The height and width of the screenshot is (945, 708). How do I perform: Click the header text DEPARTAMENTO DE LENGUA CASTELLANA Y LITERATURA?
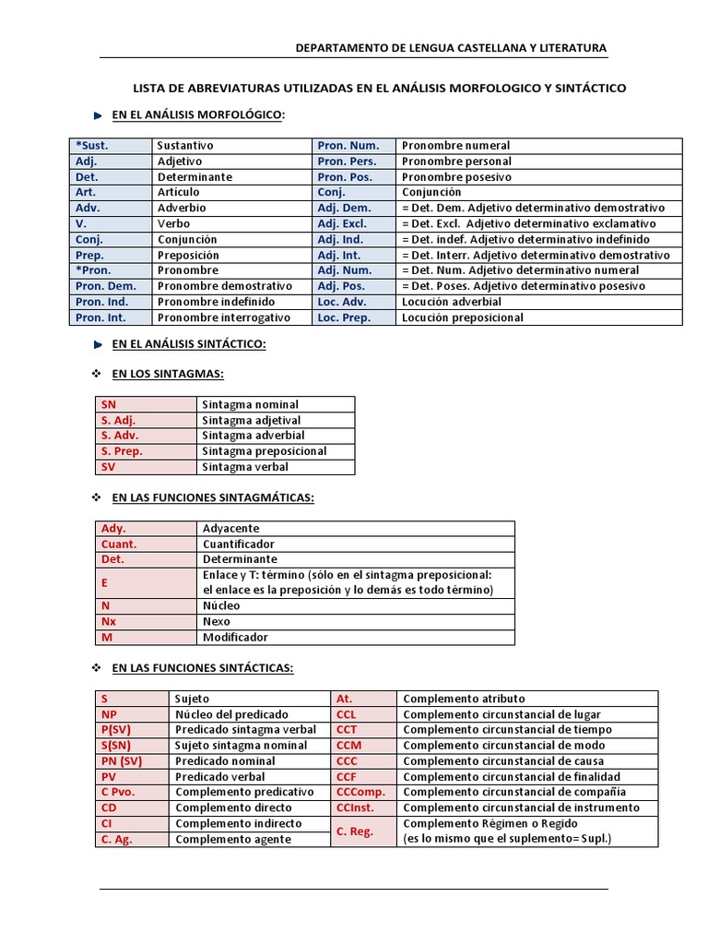pyautogui.click(x=450, y=48)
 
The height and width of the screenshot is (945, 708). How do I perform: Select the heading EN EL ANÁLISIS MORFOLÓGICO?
pyautogui.click(x=198, y=114)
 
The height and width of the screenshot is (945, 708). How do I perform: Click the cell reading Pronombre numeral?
pyautogui.click(x=456, y=146)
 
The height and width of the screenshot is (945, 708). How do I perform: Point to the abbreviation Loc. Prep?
pyautogui.click(x=344, y=317)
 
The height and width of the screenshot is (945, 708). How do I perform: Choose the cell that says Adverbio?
pyautogui.click(x=182, y=209)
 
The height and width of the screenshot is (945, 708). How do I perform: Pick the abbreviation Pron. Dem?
pyautogui.click(x=105, y=286)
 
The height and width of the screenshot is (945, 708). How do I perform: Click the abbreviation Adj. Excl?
pyautogui.click(x=342, y=223)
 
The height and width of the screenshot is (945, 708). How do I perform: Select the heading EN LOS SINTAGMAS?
pyautogui.click(x=168, y=374)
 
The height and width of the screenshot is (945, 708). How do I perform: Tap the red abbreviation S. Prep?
pyautogui.click(x=122, y=451)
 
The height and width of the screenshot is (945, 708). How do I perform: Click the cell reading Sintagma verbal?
pyautogui.click(x=246, y=467)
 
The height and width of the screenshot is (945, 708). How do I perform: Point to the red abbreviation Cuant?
pyautogui.click(x=119, y=544)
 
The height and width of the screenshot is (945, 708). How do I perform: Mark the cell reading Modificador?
pyautogui.click(x=236, y=638)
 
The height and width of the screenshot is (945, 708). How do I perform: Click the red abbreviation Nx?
pyautogui.click(x=109, y=622)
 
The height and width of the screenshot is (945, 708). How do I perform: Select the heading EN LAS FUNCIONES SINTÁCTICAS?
pyautogui.click(x=202, y=667)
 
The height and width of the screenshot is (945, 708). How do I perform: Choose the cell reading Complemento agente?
pyautogui.click(x=233, y=839)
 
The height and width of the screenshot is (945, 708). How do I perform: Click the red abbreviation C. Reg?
pyautogui.click(x=355, y=831)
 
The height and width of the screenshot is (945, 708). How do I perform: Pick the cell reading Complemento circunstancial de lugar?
pyautogui.click(x=501, y=714)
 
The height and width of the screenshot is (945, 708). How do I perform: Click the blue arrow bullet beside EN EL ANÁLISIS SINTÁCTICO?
pyautogui.click(x=100, y=344)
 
